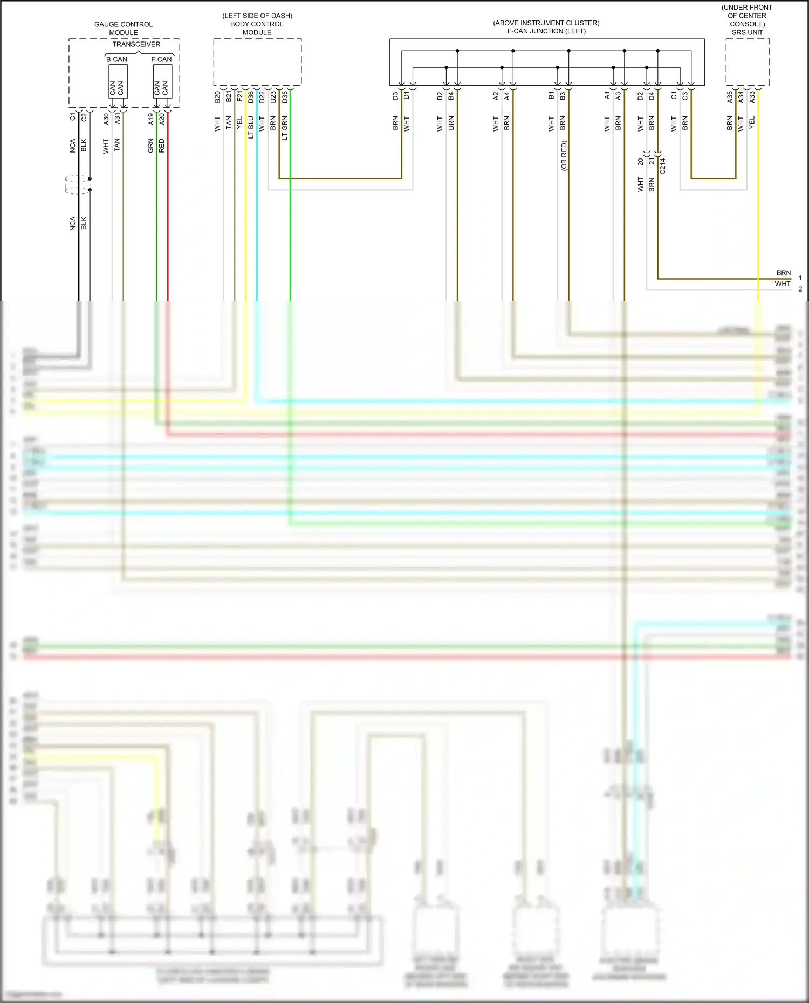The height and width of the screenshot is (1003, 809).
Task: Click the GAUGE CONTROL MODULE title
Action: pyautogui.click(x=124, y=29)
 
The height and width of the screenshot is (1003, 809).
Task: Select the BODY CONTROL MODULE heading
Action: pyautogui.click(x=257, y=28)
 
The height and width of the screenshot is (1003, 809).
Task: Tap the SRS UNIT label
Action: pyautogui.click(x=747, y=32)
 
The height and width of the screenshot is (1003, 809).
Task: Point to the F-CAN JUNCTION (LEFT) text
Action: pyautogui.click(x=546, y=31)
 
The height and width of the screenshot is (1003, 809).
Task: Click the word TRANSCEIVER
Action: pyautogui.click(x=136, y=44)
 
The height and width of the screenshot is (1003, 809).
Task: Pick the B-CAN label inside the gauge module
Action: pyautogui.click(x=116, y=59)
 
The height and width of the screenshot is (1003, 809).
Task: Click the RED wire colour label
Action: pyautogui.click(x=162, y=146)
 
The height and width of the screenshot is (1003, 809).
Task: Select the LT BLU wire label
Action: pyautogui.click(x=251, y=128)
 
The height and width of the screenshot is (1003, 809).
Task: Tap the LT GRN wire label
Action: pyautogui.click(x=285, y=128)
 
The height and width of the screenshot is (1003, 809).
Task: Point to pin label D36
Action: pyautogui.click(x=251, y=97)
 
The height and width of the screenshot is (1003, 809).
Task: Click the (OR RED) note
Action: pyautogui.click(x=564, y=156)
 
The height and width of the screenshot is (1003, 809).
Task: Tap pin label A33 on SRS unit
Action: pyautogui.click(x=752, y=97)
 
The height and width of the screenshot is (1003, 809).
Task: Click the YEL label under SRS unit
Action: pyautogui.click(x=752, y=123)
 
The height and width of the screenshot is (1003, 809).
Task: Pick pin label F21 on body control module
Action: pyautogui.click(x=239, y=97)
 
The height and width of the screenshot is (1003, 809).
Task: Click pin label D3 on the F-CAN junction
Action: pyautogui.click(x=395, y=96)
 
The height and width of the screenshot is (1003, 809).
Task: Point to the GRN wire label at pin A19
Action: pyautogui.click(x=151, y=146)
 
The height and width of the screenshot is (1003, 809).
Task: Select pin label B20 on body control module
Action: pyautogui.click(x=217, y=97)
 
